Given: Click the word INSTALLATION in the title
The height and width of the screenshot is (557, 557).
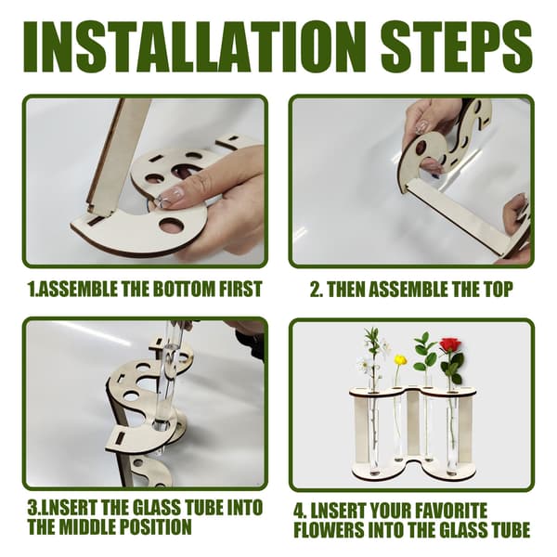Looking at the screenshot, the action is click(189, 46).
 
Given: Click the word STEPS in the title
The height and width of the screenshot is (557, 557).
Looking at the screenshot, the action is click(457, 46).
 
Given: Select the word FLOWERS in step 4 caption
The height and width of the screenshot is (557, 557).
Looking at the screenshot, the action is click(330, 530).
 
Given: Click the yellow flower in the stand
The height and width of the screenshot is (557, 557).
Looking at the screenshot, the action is click(401, 360).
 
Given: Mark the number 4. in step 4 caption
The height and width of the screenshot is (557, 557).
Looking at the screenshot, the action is click(300, 511).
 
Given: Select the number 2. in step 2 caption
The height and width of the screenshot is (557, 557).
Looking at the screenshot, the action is click(317, 289).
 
